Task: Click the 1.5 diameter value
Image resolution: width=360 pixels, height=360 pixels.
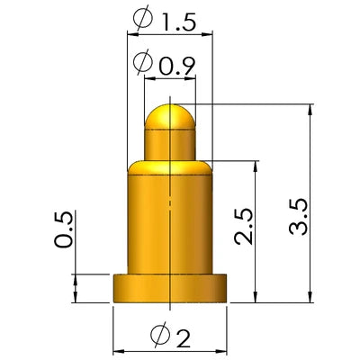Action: click(x=179, y=22)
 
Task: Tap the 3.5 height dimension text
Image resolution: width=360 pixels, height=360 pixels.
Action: click(x=299, y=217)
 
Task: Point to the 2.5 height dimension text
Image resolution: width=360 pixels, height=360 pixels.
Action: click(x=244, y=226)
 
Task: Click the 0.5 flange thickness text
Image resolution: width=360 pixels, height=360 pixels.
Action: click(x=63, y=229)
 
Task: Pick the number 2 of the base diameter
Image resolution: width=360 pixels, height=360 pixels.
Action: click(x=184, y=338)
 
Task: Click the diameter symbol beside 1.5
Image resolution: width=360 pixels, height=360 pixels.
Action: click(x=143, y=19)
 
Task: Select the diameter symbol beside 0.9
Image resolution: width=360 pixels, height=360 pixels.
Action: click(x=143, y=62)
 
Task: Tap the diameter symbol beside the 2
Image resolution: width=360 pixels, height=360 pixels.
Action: click(x=158, y=334)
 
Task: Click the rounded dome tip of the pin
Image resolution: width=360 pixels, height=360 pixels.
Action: click(x=170, y=116)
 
